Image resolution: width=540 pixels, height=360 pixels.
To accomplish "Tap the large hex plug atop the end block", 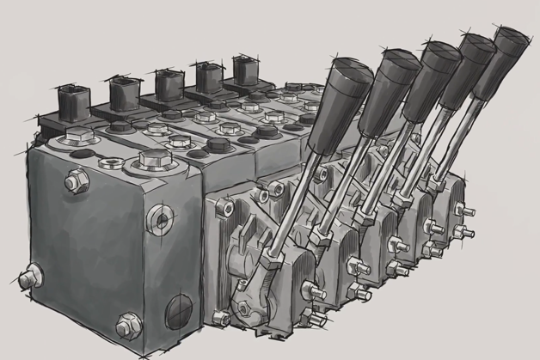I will (x=150, y=160).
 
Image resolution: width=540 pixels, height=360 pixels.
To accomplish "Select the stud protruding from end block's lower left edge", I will (x=28, y=278).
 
